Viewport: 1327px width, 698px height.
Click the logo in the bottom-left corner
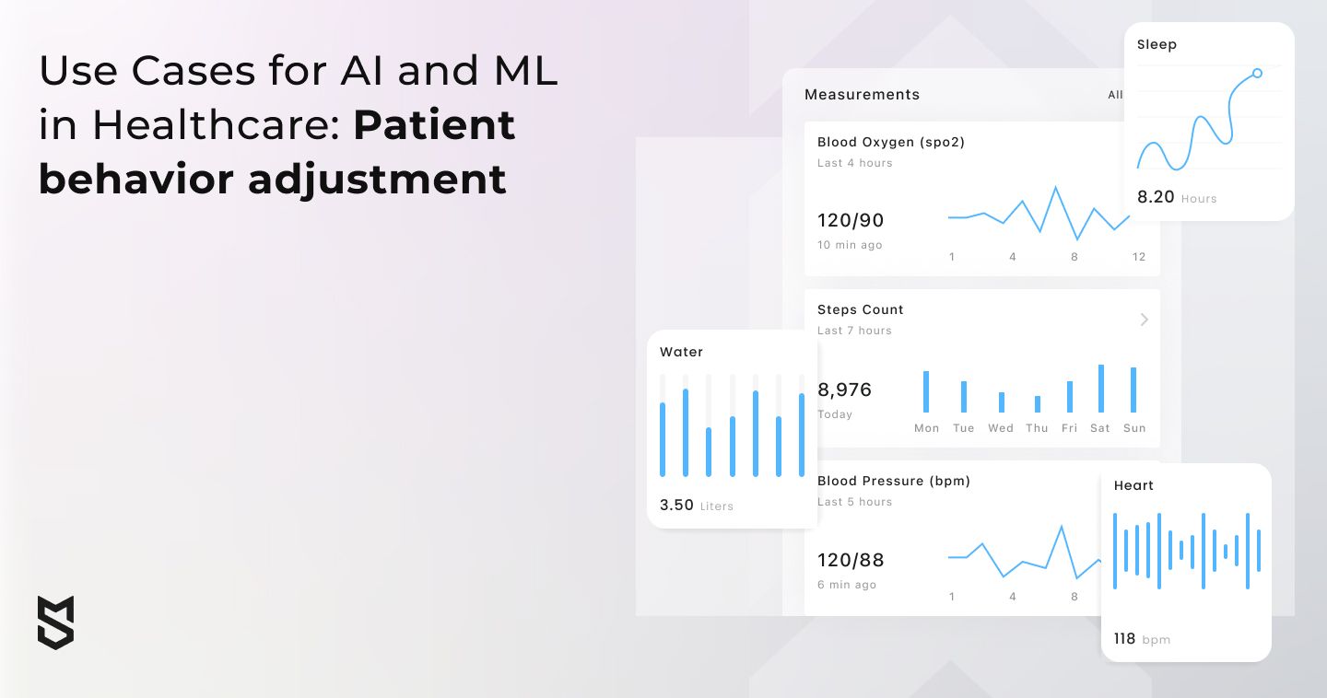(55, 622)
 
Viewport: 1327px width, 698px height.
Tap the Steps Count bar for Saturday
(1101, 389)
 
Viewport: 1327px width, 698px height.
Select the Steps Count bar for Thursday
(1038, 403)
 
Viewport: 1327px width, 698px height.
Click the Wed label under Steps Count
(1001, 428)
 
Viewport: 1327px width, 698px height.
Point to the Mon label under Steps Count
(926, 428)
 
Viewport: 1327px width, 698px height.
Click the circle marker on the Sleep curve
(1257, 74)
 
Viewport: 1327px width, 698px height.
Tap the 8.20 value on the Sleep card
(1156, 196)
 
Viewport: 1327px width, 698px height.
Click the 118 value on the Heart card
(1124, 638)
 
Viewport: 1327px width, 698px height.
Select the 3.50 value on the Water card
(676, 505)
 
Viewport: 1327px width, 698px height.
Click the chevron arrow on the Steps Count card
(1145, 320)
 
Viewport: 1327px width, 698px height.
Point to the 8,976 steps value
(845, 390)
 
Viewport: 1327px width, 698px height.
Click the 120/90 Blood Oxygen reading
(851, 220)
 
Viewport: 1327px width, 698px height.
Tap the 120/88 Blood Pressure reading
(851, 560)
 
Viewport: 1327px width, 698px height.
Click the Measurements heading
(862, 95)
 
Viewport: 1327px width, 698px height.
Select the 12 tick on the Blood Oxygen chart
(1139, 257)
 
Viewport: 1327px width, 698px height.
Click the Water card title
(681, 352)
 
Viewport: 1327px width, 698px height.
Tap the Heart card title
(1133, 485)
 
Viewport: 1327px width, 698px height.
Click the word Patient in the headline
(434, 125)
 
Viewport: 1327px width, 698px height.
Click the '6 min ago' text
(847, 585)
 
